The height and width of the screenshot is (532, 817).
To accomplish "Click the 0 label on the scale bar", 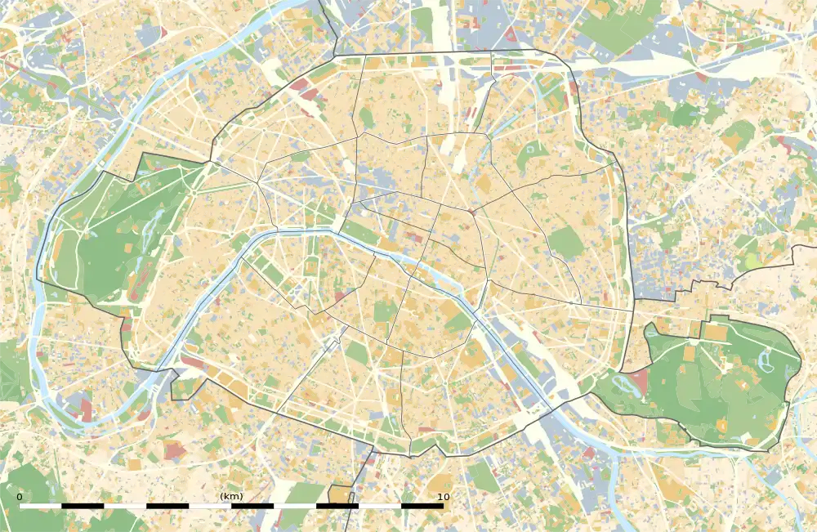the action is tap(20, 497).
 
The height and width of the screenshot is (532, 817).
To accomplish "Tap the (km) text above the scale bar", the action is tap(231, 497).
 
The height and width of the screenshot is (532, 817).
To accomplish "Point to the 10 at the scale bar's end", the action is tap(443, 497).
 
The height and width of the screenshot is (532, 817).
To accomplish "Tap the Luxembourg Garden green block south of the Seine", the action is tap(385, 311).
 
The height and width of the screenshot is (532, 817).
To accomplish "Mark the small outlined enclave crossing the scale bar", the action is tap(342, 495).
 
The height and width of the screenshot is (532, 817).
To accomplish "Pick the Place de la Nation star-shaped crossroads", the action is tap(569, 302).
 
